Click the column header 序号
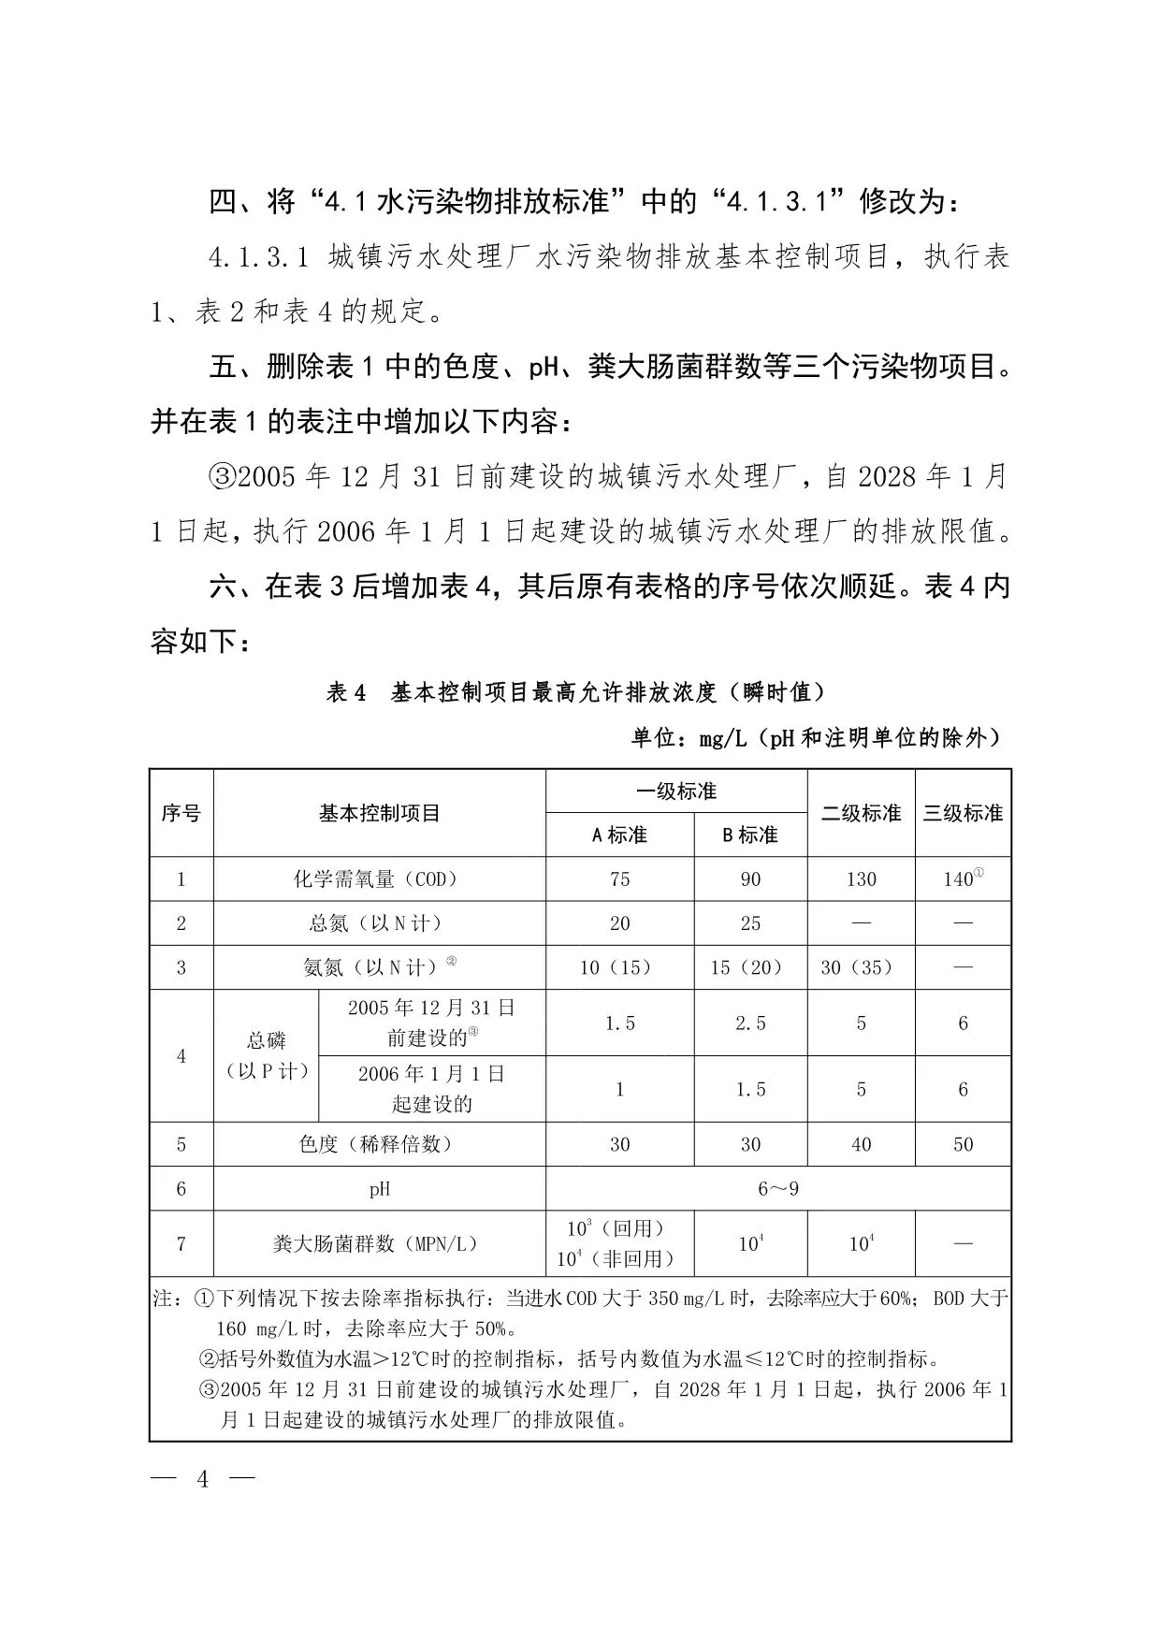point(181,813)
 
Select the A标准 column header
point(619,835)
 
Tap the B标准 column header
point(750,835)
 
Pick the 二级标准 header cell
point(861,813)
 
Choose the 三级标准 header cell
point(963,813)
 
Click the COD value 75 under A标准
point(619,879)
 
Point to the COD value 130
point(861,879)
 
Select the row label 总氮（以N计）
point(379,923)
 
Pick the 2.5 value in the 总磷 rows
point(750,1023)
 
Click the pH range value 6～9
point(778,1189)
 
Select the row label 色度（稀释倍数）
point(379,1144)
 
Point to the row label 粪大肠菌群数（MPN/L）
point(379,1243)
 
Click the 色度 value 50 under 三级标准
point(963,1144)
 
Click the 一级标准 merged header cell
point(676,791)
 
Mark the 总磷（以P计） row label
point(267,1056)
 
